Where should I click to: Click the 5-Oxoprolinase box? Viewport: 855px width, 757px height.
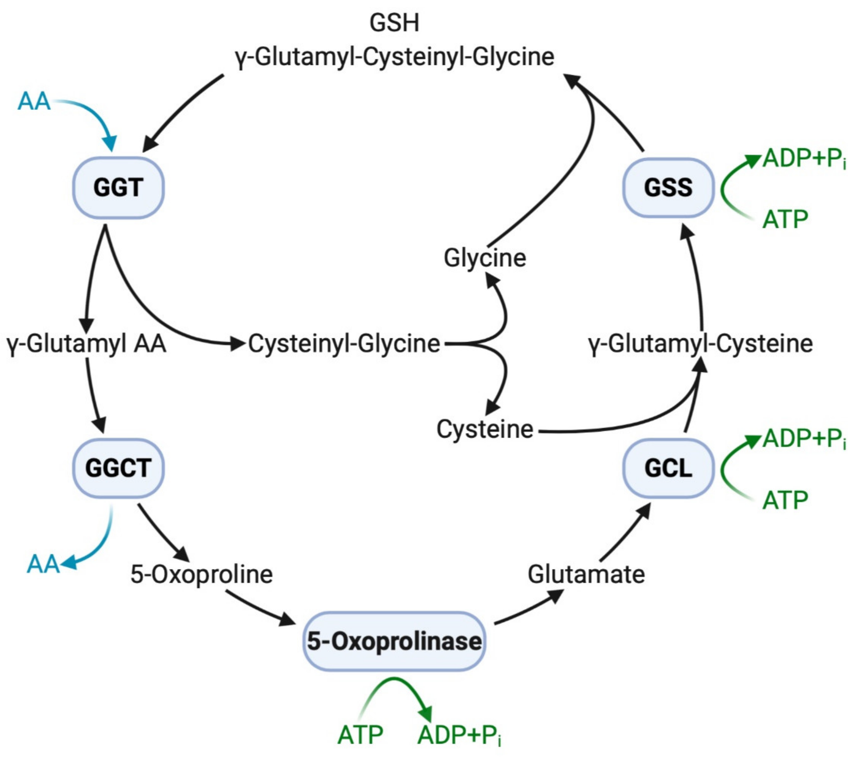click(x=394, y=641)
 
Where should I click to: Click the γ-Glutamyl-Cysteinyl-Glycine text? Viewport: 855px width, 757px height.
click(x=394, y=57)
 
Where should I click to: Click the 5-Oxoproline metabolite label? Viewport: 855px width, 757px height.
click(x=202, y=574)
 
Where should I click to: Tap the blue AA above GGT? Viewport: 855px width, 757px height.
click(x=34, y=102)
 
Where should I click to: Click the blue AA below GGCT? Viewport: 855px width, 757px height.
click(x=43, y=564)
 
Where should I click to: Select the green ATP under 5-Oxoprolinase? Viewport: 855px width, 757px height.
click(x=360, y=735)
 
